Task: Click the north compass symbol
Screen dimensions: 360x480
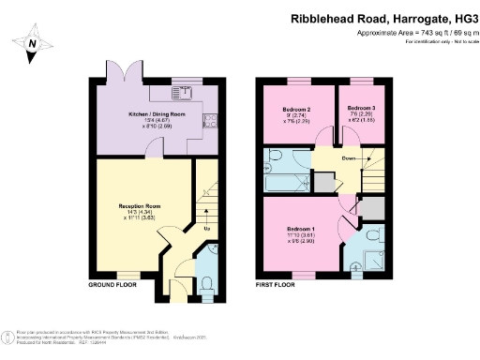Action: [32, 42]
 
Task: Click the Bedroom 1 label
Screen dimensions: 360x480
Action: [301, 230]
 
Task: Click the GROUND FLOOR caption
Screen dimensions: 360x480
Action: [114, 283]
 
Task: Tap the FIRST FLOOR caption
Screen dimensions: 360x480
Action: [279, 283]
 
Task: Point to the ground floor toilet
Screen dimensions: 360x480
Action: [207, 284]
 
